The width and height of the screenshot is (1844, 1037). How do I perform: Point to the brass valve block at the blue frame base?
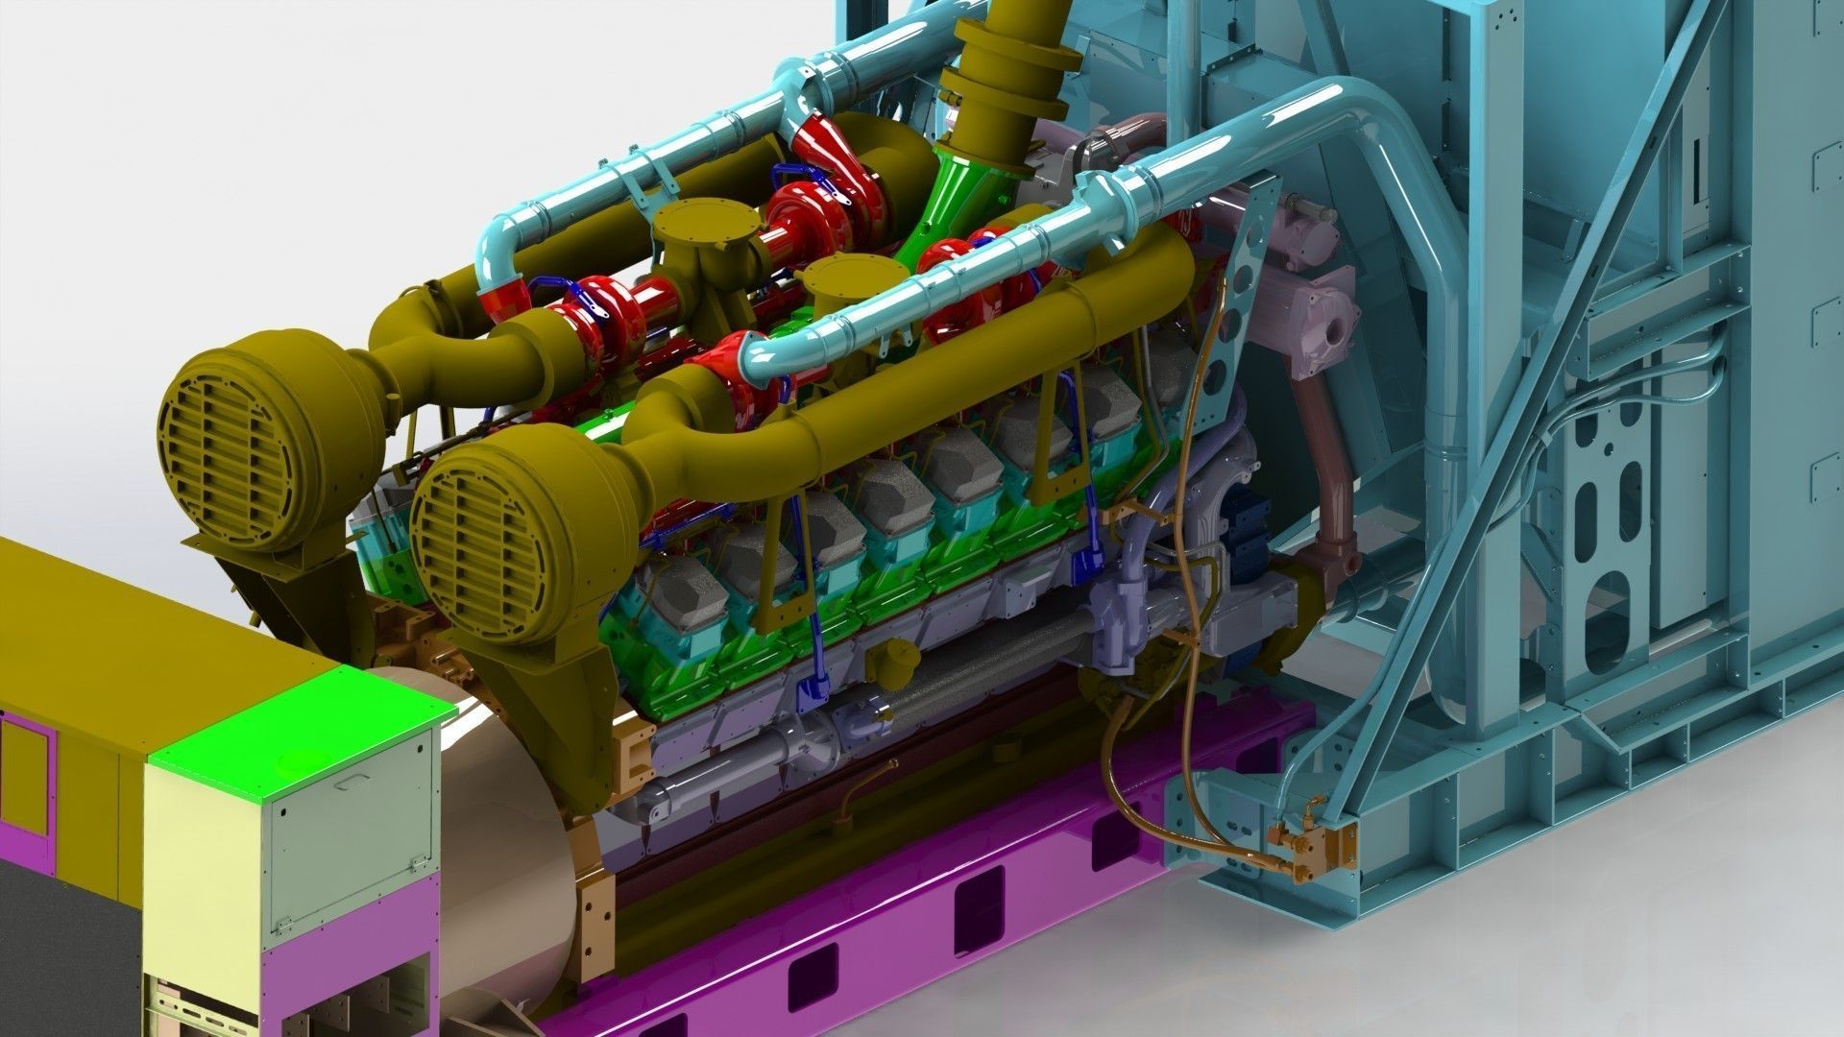1311,845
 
